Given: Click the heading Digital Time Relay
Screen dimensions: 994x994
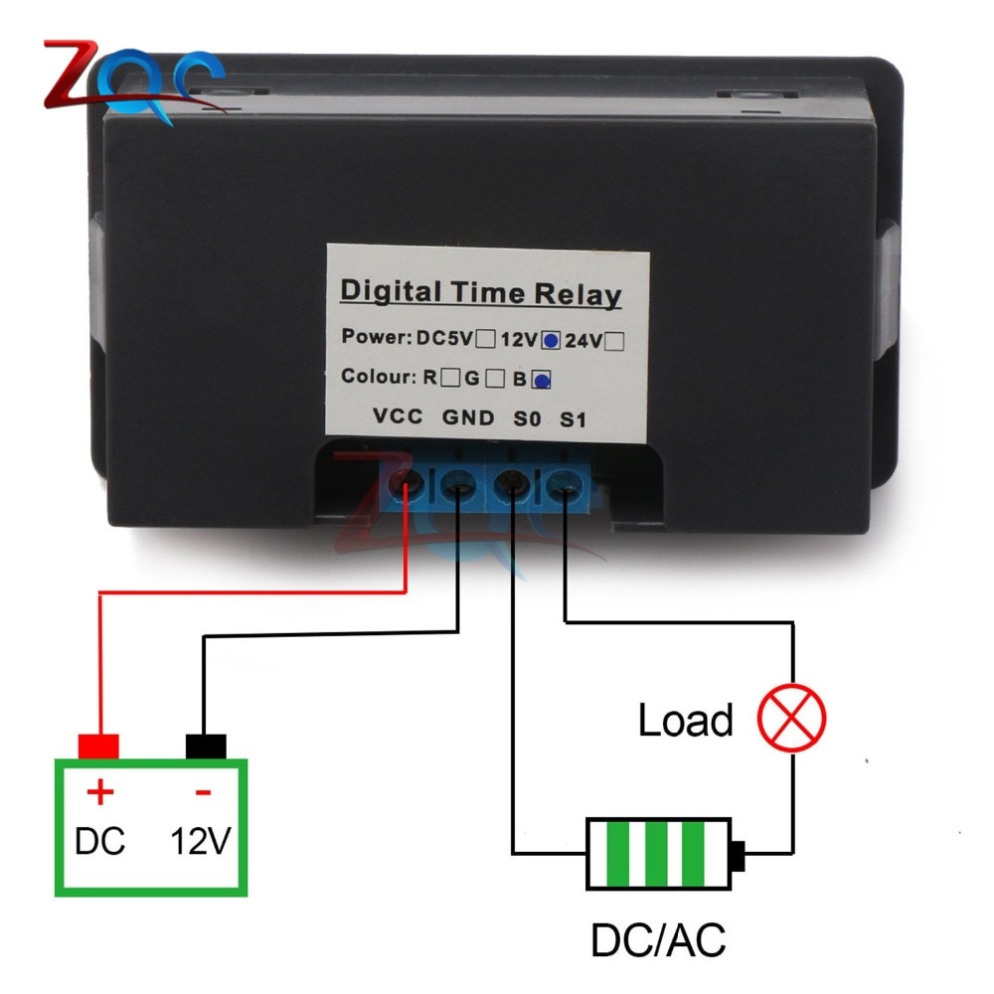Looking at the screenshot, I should point(480,293).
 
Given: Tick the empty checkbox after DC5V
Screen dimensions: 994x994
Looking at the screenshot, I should point(486,339).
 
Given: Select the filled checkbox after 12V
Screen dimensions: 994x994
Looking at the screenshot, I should point(550,340).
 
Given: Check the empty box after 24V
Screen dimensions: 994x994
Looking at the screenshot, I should point(614,340).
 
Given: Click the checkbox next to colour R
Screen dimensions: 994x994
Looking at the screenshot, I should point(450,378).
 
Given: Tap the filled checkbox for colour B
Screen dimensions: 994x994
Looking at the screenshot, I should point(542,379).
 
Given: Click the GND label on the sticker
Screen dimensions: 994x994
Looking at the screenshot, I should point(467,418).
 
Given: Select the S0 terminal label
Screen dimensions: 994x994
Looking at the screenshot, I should point(526,419).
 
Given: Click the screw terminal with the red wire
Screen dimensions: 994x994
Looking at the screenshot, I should point(408,484).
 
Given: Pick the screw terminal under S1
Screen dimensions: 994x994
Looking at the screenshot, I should point(563,487).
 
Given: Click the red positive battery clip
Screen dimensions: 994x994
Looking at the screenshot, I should point(98,745).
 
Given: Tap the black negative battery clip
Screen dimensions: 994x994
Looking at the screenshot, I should point(206,745).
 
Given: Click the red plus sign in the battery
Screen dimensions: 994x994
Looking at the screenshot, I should point(100,793).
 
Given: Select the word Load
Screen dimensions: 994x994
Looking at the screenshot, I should point(685,720).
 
